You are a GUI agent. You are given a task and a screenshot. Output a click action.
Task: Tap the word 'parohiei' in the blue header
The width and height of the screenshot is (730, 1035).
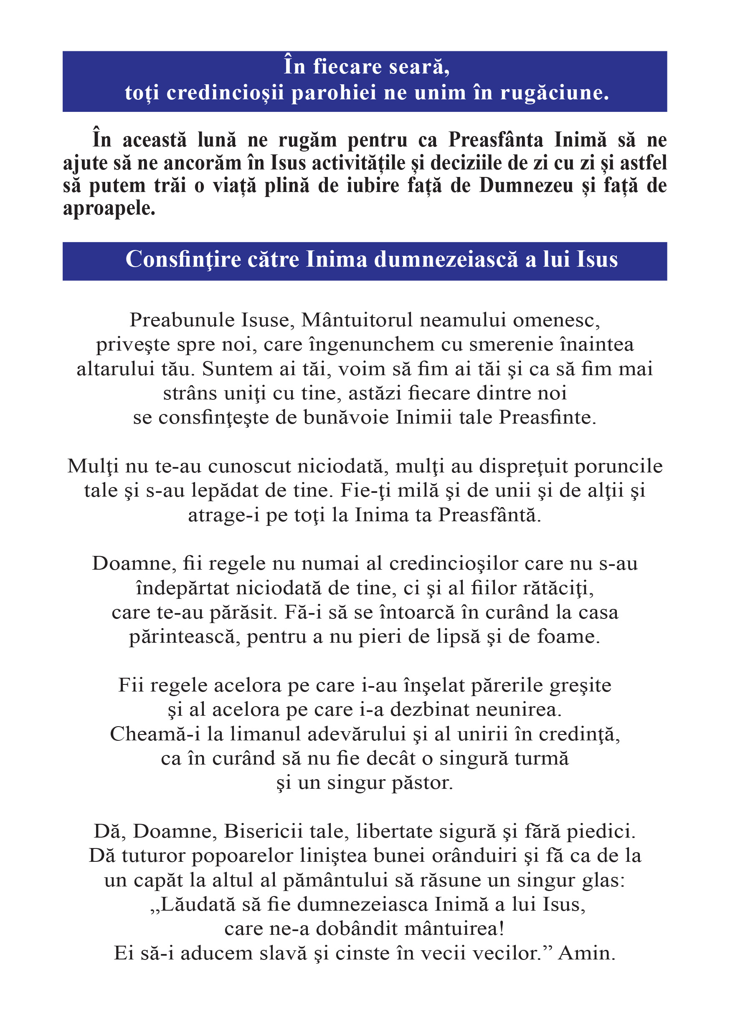tap(333, 93)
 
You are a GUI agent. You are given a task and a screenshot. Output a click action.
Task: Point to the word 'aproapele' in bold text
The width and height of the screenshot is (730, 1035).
tap(108, 209)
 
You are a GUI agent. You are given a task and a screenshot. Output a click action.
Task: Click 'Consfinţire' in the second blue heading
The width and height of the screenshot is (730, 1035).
tap(183, 260)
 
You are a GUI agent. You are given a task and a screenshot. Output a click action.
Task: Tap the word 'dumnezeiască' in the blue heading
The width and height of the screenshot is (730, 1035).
tap(446, 260)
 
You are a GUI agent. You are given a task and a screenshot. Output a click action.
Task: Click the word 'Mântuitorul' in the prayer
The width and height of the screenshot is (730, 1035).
tap(357, 320)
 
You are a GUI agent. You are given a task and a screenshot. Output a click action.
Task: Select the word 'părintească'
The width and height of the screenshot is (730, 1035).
tap(182, 637)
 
